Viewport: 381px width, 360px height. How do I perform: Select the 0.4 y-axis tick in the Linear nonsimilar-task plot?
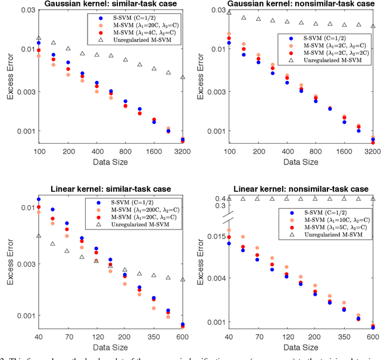click(x=220, y=198)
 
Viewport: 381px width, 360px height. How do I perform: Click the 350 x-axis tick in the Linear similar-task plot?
click(x=153, y=337)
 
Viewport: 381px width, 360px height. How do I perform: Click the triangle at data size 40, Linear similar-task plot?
click(x=39, y=236)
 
